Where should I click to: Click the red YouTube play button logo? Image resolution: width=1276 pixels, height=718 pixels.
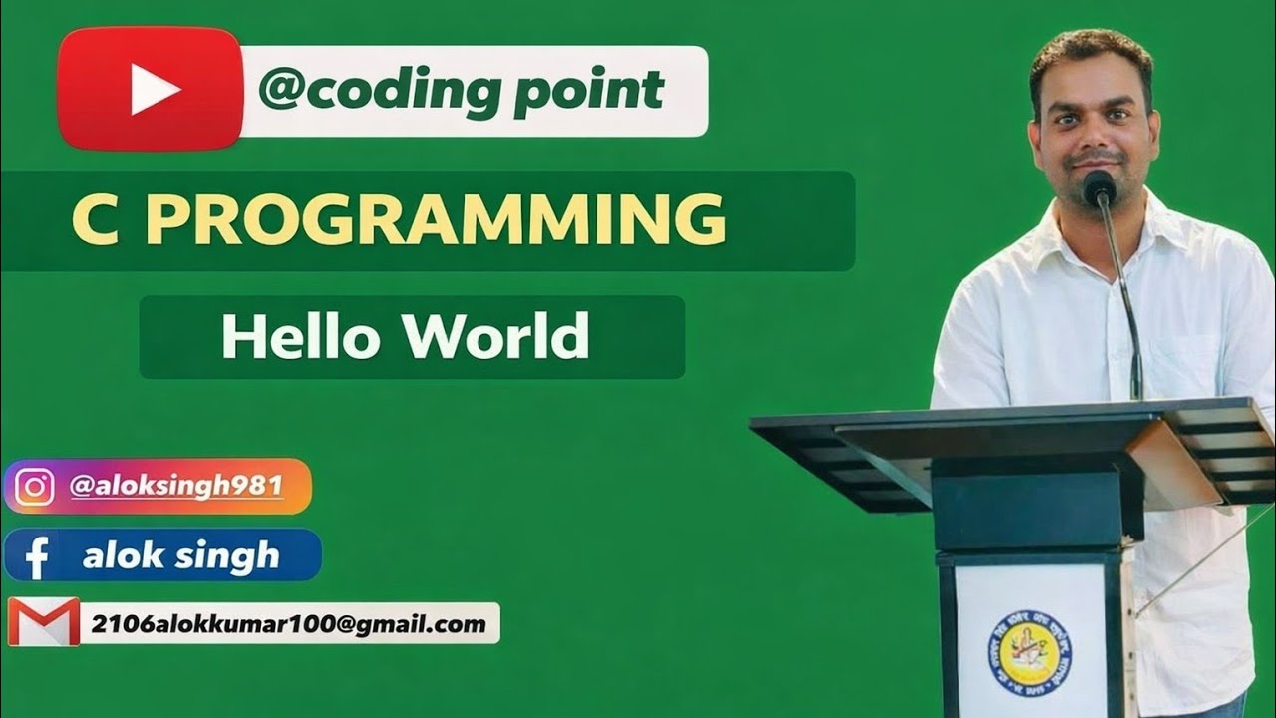pos(151,90)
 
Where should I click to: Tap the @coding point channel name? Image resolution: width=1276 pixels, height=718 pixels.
pos(461,90)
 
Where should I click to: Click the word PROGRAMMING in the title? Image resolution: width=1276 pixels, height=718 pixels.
pos(436,220)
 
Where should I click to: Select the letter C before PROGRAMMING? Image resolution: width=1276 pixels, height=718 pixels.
pos(93,220)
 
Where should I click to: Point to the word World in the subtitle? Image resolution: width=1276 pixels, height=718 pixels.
pos(495,337)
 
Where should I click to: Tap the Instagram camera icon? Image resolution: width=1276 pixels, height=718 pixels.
pos(35,487)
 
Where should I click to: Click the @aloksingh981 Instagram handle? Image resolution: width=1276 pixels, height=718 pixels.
pos(176,487)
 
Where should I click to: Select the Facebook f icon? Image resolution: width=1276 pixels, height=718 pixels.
pos(37,556)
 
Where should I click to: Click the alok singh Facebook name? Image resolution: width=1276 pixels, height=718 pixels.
pos(180,555)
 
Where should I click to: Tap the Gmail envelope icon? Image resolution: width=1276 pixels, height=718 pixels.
pos(43,623)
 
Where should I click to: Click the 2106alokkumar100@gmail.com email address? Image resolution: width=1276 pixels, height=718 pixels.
pos(288,624)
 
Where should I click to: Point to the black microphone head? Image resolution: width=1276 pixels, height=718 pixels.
pos(1099,186)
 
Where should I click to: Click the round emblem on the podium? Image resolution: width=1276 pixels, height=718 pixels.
pos(1029,653)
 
